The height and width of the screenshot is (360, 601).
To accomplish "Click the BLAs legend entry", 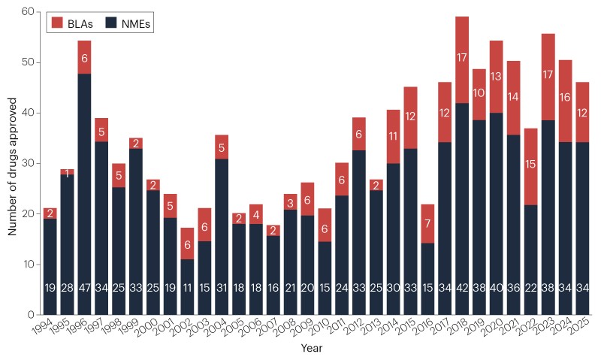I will [x=73, y=23].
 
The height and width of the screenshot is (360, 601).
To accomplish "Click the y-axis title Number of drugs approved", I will [x=13, y=163].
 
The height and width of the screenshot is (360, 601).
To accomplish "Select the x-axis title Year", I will [x=311, y=349].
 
